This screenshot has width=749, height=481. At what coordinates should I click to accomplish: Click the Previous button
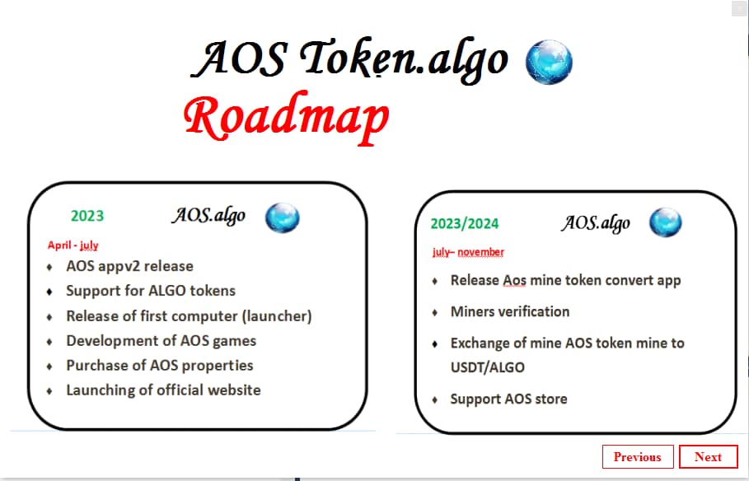coord(637,457)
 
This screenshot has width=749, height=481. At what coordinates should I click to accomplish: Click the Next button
coord(708,457)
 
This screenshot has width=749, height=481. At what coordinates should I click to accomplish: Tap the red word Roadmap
coord(286,118)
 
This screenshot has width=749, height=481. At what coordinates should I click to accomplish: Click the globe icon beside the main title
coord(549,61)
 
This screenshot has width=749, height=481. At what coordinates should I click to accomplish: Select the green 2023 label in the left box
coord(87,216)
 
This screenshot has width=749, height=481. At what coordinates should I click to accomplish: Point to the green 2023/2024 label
coord(464,223)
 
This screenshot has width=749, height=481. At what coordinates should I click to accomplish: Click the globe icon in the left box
coord(282,217)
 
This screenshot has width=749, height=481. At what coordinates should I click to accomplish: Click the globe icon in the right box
coord(665,222)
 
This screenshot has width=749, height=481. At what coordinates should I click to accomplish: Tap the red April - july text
coord(73,245)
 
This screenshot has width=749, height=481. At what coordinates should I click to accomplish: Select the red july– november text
coord(468,252)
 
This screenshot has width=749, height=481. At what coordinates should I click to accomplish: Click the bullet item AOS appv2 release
coord(129,266)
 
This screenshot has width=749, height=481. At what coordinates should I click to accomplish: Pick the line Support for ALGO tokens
coord(151,291)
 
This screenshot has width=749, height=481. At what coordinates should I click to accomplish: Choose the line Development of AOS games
coord(161,340)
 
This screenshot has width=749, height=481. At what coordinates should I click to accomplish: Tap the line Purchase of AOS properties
coord(159,365)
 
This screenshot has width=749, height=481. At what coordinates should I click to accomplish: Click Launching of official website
coord(163,390)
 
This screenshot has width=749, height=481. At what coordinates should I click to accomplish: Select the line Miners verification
coord(509,311)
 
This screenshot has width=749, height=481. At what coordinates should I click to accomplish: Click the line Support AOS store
coord(508,399)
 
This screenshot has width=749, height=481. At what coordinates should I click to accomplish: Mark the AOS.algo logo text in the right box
coord(596,222)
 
